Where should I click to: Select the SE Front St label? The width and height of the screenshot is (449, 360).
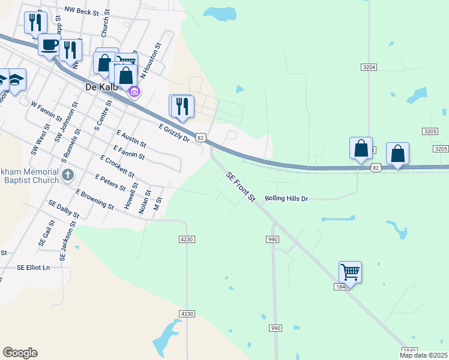pos(241,187)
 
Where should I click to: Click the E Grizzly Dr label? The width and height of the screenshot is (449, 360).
pos(174,133)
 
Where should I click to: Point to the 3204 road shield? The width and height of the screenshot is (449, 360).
pos(369,67)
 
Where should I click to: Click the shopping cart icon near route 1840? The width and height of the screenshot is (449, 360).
pos(350,272)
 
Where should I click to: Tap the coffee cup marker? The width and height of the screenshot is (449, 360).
pos(49,44)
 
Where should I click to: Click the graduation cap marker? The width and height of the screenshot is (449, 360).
pos(16,79)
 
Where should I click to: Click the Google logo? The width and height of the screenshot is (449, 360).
pos(20,353)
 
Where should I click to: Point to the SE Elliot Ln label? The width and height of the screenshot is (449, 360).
pos(34,267)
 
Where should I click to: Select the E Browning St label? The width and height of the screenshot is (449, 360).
pos(95,199)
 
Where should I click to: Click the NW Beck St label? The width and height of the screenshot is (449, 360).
pos(82,11)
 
